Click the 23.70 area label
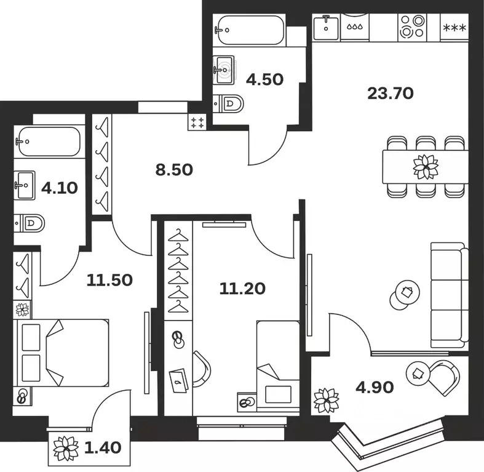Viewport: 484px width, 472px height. coord(390,94)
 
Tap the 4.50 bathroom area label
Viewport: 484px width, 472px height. coord(264,79)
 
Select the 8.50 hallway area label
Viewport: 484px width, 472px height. coord(174,170)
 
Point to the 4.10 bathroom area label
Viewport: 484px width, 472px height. coord(59,188)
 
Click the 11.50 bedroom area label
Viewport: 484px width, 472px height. coord(109,281)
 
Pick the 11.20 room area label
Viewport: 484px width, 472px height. coord(242,287)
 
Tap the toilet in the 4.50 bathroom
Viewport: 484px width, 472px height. coord(229,103)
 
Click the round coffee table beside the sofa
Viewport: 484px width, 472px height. coord(404,295)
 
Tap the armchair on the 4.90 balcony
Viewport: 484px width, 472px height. coord(441,377)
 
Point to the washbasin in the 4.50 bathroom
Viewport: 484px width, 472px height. coord(225,68)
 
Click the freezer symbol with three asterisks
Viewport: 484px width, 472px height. coord(454,27)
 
